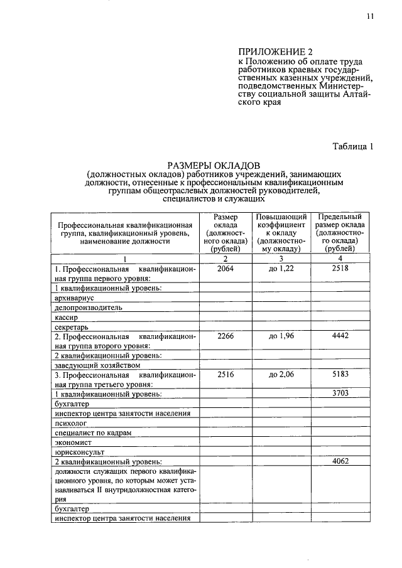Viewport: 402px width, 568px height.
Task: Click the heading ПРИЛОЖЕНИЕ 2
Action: click(274, 51)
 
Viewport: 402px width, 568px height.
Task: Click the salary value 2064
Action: click(225, 268)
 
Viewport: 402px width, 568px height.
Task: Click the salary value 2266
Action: click(225, 336)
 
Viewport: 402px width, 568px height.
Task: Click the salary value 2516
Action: click(225, 375)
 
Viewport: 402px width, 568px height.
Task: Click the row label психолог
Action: click(71, 422)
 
